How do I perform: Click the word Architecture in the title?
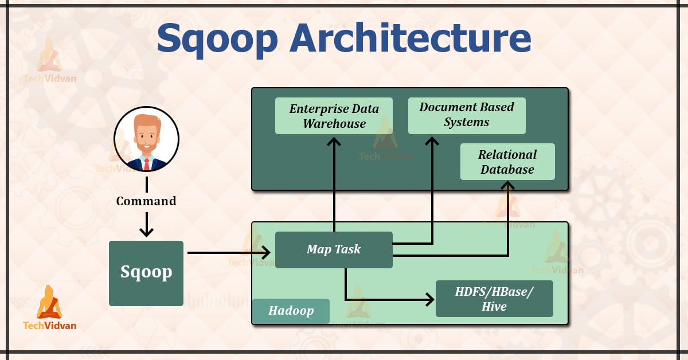[411, 38]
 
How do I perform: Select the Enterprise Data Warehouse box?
[334, 116]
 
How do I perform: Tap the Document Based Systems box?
[467, 115]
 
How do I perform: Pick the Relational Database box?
[507, 162]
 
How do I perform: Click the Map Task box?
[334, 249]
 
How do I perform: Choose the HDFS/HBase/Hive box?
[494, 299]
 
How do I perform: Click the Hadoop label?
[291, 311]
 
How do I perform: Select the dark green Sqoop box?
[146, 273]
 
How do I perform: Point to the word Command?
[146, 201]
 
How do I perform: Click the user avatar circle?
[146, 139]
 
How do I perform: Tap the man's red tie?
[147, 165]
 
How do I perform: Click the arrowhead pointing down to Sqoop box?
[147, 233]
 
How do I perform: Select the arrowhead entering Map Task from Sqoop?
[266, 252]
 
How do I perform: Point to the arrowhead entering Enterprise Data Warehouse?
[334, 140]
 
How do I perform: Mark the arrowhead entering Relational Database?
[507, 186]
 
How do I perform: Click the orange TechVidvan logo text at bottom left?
[49, 326]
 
